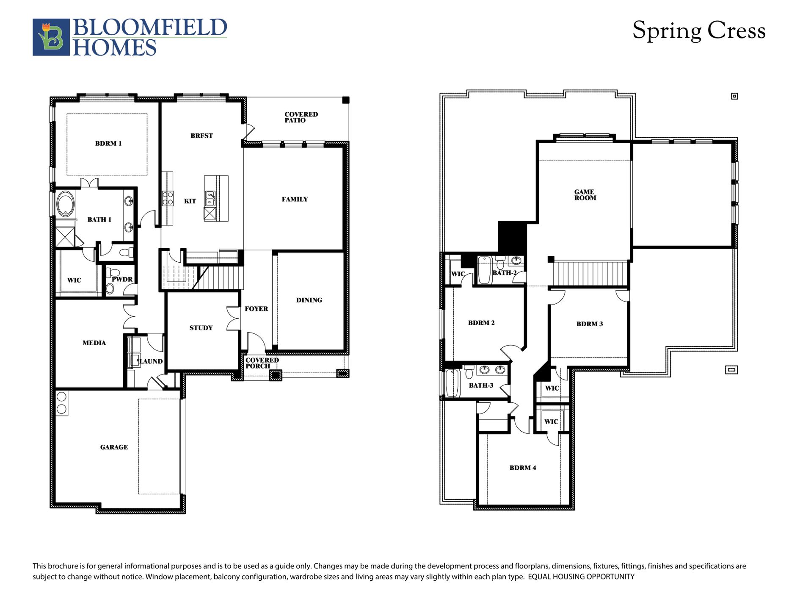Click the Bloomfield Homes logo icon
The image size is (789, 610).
51,37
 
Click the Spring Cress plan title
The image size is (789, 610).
698,31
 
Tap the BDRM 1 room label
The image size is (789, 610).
108,144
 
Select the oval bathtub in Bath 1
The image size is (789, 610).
66,204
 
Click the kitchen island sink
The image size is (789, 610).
210,198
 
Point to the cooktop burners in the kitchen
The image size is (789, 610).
168,198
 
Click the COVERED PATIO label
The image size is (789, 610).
301,117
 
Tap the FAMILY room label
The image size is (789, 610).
295,199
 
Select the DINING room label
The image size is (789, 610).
309,300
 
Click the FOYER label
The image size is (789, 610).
256,309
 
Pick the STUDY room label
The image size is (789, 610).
201,328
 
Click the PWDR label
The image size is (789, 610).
122,279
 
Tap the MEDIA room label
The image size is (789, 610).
94,343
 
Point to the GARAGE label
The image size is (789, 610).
114,447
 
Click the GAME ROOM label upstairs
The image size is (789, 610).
585,195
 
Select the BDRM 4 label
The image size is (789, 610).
522,468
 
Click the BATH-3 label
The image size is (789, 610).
481,385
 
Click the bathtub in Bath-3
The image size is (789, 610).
452,383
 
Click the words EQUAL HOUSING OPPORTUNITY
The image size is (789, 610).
581,577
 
